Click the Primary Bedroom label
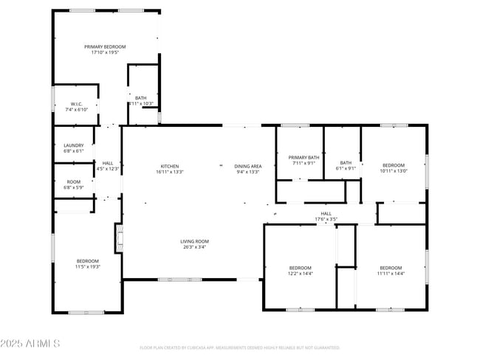[x=104, y=46]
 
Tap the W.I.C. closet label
[x=76, y=103]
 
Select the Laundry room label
[x=74, y=145]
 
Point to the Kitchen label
[x=170, y=166]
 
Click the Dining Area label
[x=248, y=166]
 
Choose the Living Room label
[x=195, y=241]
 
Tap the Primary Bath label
[x=304, y=157]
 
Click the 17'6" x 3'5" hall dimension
[x=326, y=219]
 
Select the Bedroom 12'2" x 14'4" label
[x=301, y=267]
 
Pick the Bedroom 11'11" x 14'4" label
[x=391, y=267]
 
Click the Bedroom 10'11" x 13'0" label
[x=393, y=165]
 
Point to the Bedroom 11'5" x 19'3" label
[x=87, y=261]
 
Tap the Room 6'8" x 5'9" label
[x=74, y=181]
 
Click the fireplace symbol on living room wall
[x=117, y=239]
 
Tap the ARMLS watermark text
[x=31, y=344]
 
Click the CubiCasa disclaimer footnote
[x=239, y=347]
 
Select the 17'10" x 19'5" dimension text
[x=105, y=52]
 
